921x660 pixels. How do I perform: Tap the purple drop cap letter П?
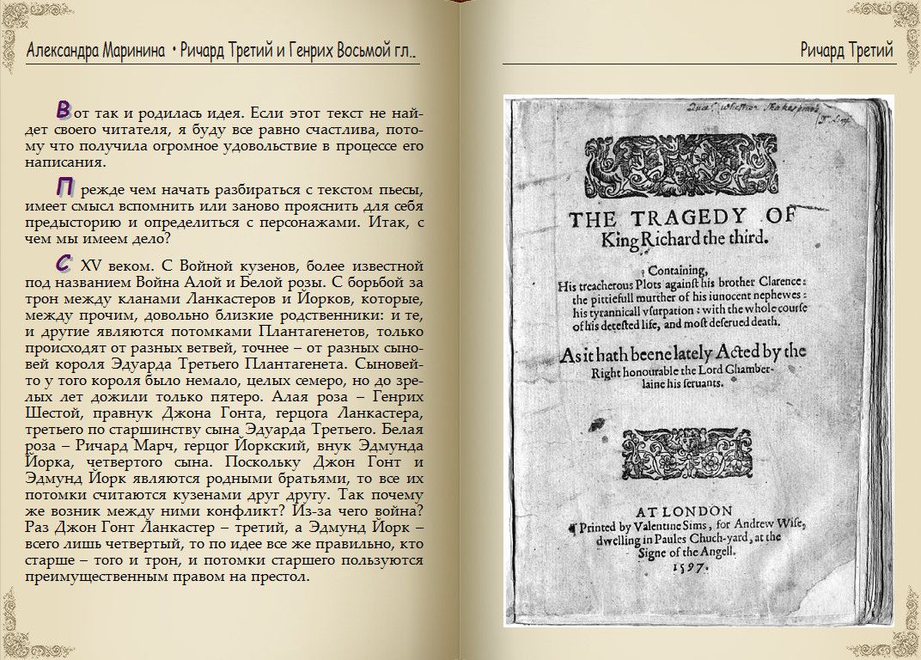coord(64,187)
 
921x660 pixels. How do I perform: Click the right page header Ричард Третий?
coord(845,51)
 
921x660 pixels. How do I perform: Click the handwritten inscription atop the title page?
coord(739,109)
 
